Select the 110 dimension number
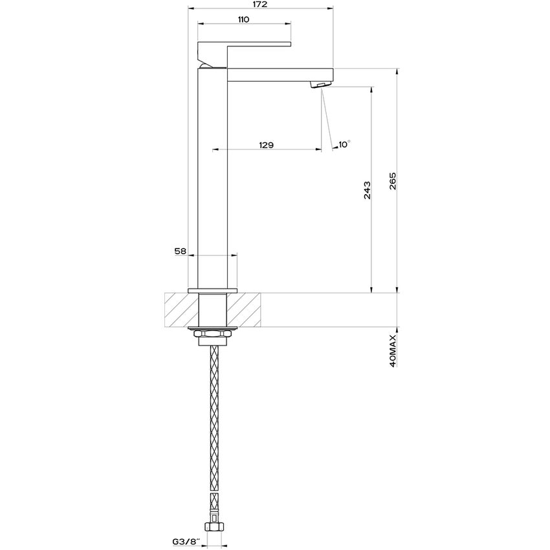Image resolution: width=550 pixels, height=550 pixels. coord(243,20)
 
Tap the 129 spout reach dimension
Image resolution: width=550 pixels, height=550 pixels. coord(266,145)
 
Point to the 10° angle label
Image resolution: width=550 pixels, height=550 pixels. coord(344,144)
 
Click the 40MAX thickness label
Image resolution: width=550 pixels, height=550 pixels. coord(393,348)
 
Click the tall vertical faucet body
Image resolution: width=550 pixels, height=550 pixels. coord(212,181)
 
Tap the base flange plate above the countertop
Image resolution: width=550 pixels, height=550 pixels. coord(212,290)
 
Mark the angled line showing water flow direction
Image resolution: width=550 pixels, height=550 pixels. coord(327,120)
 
